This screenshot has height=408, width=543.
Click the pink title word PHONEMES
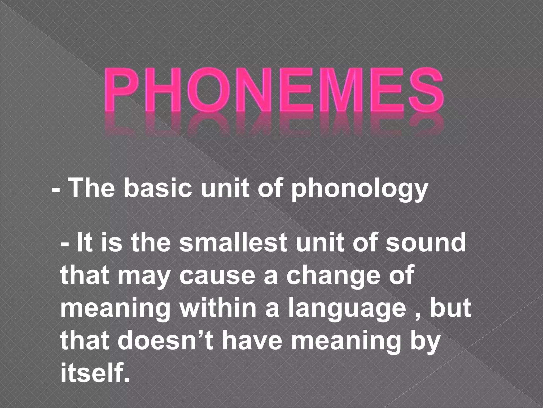(273, 92)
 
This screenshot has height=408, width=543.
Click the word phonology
(360, 189)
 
